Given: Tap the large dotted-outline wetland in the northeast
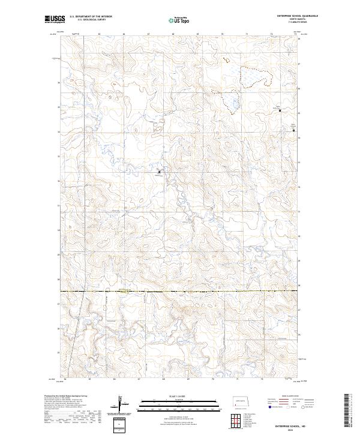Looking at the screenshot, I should pos(255,77).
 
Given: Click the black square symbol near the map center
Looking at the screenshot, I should pos(159,172).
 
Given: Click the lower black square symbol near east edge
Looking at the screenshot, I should pos(293,130).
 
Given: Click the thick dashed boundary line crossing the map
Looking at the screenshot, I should pos(180,292).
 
